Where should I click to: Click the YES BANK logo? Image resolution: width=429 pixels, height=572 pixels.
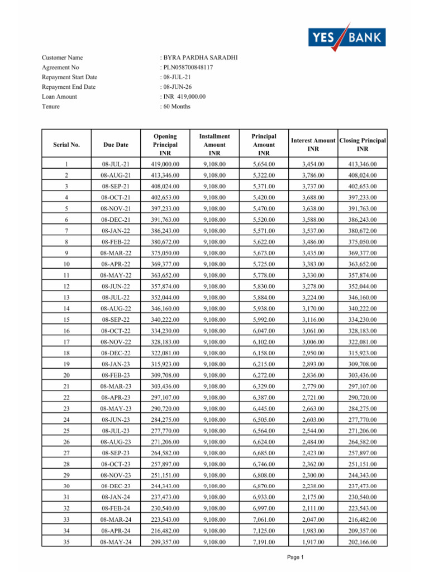pos(347,37)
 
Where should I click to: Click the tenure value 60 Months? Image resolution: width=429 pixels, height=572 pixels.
pos(177,106)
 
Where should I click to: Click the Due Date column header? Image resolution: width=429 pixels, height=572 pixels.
pos(116,145)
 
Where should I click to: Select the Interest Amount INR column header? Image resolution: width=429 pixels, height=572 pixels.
pos(313,145)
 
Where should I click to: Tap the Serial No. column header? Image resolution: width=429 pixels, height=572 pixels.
pos(66,145)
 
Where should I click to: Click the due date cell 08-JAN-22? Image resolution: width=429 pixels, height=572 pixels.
pos(116,231)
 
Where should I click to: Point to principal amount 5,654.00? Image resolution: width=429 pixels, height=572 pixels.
pos(264,164)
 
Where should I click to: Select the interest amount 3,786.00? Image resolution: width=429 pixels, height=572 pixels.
pos(313,175)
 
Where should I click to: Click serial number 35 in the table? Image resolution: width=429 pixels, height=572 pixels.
pos(66,542)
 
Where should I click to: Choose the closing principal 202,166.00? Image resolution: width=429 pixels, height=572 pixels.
pos(362,542)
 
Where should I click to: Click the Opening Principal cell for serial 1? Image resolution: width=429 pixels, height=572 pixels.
pos(165,164)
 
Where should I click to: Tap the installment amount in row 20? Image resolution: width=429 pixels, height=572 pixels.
pos(214,375)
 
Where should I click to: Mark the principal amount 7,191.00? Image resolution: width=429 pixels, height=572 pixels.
pos(264,542)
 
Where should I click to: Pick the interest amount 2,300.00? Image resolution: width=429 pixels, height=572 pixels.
pos(313,475)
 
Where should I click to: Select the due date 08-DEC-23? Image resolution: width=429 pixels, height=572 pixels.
pos(116,487)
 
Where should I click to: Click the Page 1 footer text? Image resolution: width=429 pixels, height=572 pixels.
pos(294,557)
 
